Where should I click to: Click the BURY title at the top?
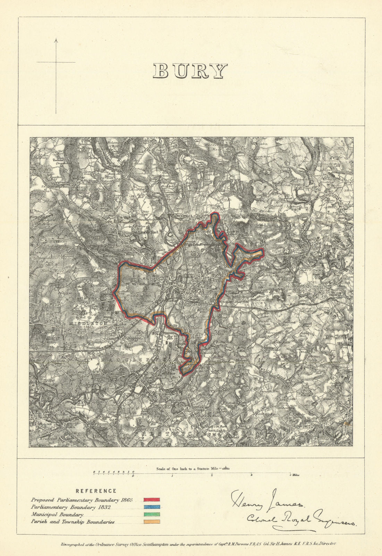click(190, 71)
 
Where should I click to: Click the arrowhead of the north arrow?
click(56, 41)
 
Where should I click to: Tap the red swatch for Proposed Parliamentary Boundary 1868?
click(152, 500)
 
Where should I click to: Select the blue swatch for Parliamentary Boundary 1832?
click(152, 507)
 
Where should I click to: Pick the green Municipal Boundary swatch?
click(152, 515)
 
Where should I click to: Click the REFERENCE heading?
click(96, 491)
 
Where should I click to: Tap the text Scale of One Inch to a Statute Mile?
click(187, 468)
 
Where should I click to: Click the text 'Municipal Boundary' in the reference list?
click(57, 515)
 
